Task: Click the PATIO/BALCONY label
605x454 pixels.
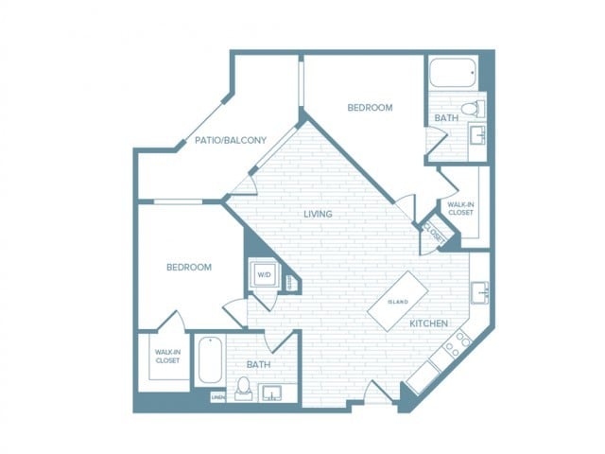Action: tap(230, 140)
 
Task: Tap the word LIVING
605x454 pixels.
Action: tap(318, 214)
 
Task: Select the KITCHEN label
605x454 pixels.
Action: tap(428, 323)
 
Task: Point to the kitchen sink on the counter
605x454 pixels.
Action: tap(479, 292)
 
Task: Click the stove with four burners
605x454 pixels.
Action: tap(456, 343)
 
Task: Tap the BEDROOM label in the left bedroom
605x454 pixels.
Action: tap(189, 268)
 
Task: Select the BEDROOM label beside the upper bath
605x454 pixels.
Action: tap(370, 108)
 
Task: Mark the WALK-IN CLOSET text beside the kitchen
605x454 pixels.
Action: tap(460, 208)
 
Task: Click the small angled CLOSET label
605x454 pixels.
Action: tap(434, 231)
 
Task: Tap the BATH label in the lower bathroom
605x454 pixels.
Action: tap(258, 363)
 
